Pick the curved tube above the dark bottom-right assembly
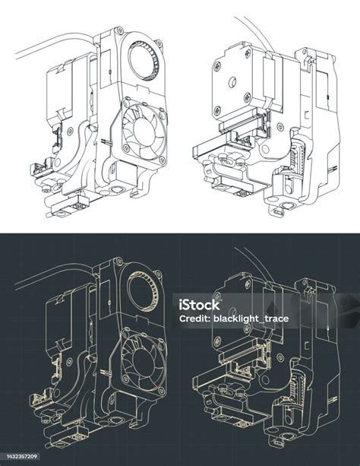pyautogui.click(x=258, y=258)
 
